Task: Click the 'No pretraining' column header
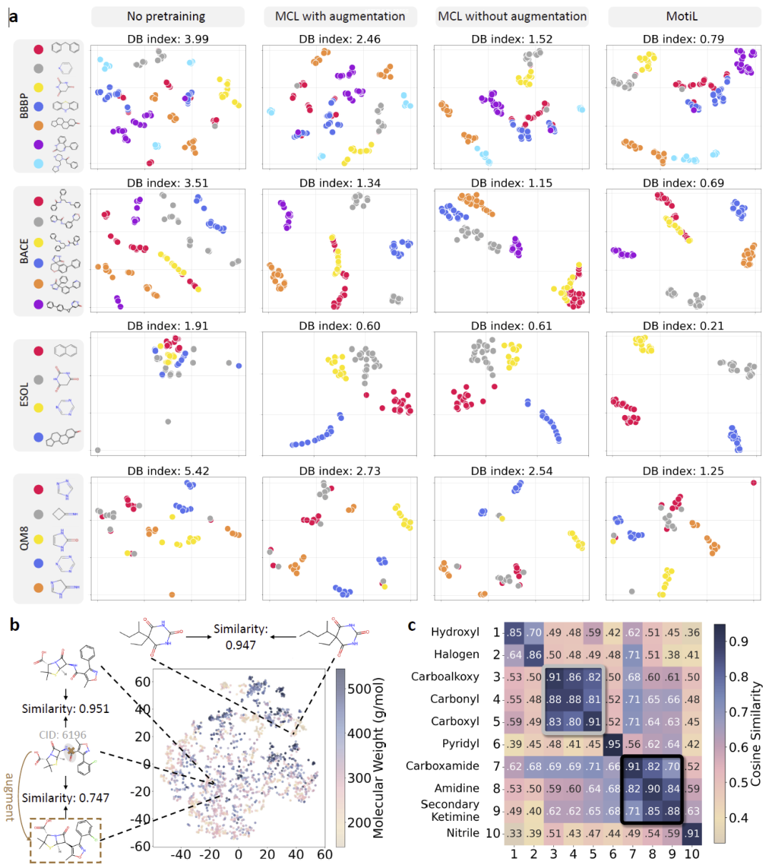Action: pos(166,16)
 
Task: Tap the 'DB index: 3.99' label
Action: pos(168,39)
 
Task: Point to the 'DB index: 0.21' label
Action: pos(683,326)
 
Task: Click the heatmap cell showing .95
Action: pos(613,744)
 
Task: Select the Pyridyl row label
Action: pos(460,744)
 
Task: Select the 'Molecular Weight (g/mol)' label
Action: pos(378,757)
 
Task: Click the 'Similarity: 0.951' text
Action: pos(66,709)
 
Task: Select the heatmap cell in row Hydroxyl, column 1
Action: pos(514,632)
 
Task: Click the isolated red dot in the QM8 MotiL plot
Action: pos(753,483)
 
